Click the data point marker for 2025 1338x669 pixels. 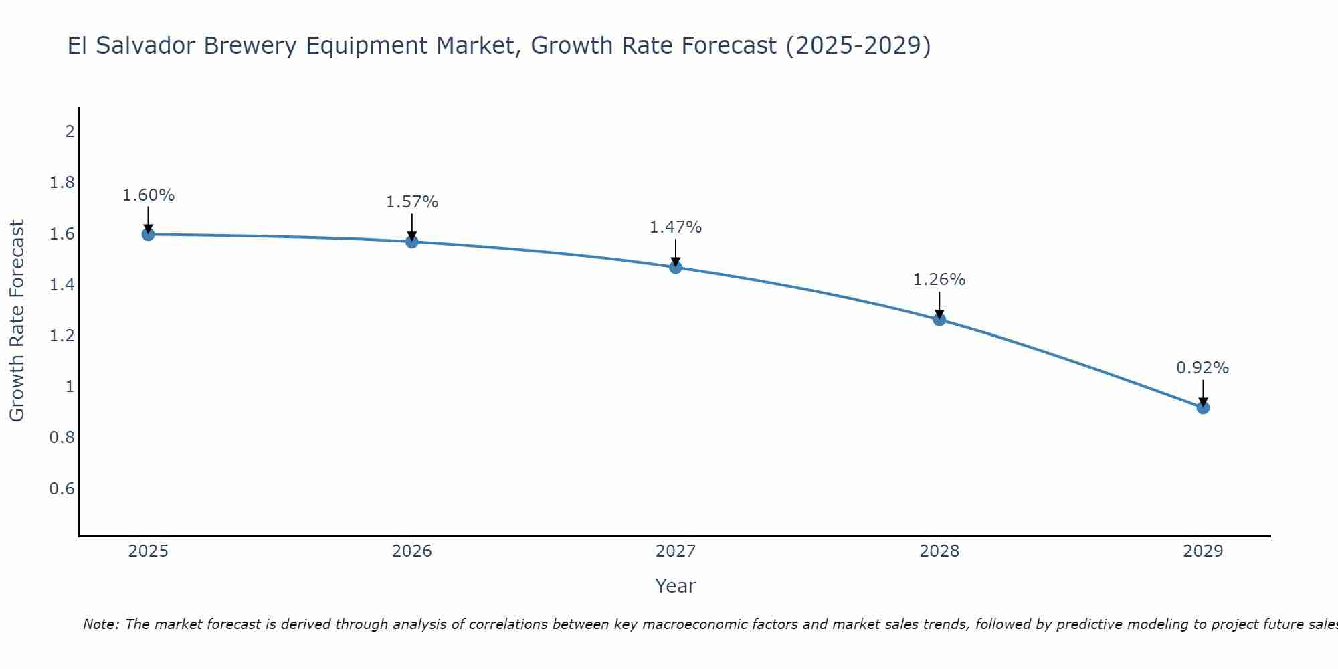tap(149, 234)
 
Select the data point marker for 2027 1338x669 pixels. tap(676, 268)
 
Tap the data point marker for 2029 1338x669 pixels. tap(1203, 407)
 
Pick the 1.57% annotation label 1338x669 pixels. tap(412, 202)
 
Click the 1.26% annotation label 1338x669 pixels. tap(939, 280)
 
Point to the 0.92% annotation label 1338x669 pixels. tap(1203, 368)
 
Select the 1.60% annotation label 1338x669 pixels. tap(149, 195)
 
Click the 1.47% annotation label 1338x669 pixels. tap(676, 227)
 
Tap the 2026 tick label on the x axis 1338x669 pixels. tap(412, 551)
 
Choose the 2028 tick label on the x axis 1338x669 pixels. tap(939, 551)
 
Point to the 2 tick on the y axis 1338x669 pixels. tap(70, 132)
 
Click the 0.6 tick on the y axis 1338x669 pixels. tap(62, 489)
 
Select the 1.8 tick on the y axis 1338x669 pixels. tap(62, 183)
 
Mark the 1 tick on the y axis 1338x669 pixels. tap(70, 387)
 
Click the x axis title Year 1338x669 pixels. tap(676, 586)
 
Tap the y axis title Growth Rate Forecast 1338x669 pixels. tap(17, 321)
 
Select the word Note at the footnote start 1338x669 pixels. tap(100, 624)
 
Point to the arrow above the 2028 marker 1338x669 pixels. tap(939, 305)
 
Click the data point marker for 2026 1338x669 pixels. tap(412, 242)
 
